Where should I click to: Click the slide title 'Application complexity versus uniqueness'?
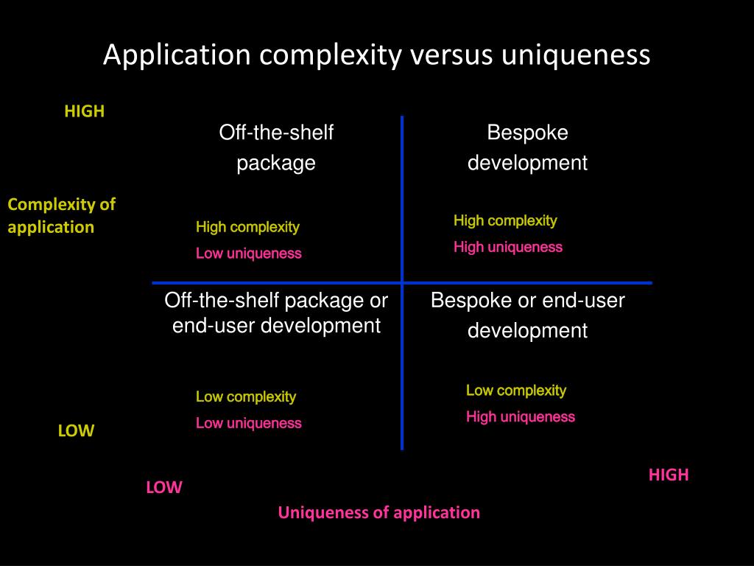[x=376, y=55]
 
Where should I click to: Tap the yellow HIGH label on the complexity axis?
[x=85, y=111]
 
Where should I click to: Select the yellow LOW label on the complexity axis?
[x=77, y=430]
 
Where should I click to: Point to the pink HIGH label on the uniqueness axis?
[x=669, y=475]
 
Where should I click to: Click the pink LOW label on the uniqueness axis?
[x=163, y=487]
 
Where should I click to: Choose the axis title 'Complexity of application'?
[x=62, y=215]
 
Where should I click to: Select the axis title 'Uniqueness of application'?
[x=378, y=512]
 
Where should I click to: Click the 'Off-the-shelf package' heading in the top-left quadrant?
[x=276, y=147]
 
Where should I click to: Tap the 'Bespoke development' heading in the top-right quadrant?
[x=527, y=147]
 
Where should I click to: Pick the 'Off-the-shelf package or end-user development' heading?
[x=276, y=312]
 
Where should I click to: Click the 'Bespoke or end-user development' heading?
[x=527, y=315]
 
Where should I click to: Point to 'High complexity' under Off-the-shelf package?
[x=247, y=227]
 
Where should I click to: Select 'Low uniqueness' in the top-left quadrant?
[x=248, y=254]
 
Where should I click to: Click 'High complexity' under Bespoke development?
[x=505, y=220]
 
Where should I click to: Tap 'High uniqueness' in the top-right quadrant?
[x=507, y=247]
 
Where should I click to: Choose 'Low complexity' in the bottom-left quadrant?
[x=246, y=396]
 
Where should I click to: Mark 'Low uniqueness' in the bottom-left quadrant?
[x=248, y=423]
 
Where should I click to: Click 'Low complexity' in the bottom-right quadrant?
[x=515, y=391]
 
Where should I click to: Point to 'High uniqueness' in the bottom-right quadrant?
[x=520, y=417]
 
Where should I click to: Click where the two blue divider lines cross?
[x=402, y=282]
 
